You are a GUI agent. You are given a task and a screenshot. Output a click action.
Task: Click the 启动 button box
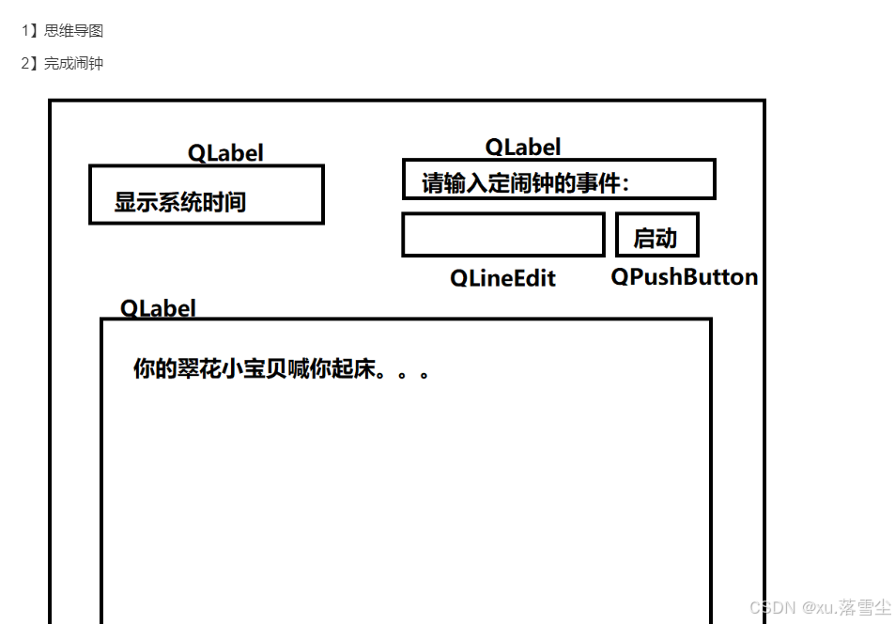tap(656, 236)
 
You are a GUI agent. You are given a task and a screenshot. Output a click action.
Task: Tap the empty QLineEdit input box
tap(502, 235)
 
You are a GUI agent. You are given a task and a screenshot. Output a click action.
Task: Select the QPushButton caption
tap(684, 277)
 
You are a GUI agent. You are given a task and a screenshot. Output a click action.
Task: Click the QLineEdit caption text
tap(502, 278)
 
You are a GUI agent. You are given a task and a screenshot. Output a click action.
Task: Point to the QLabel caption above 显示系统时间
tap(225, 153)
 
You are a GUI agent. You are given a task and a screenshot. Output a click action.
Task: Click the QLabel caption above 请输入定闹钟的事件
tap(523, 148)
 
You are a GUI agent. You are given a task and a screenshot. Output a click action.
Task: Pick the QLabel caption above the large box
tap(158, 308)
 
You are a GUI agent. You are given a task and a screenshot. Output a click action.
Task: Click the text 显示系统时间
tap(180, 202)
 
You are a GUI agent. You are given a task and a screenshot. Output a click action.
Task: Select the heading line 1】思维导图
tap(62, 31)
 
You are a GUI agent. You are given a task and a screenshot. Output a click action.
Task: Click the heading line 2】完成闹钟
tap(62, 64)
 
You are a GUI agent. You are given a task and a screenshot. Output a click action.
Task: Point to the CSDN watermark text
tap(820, 607)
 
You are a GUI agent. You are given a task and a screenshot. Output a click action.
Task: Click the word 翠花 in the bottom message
tap(201, 369)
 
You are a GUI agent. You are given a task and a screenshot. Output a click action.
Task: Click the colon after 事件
tap(626, 185)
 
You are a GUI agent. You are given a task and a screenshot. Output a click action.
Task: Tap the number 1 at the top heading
tap(25, 31)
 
